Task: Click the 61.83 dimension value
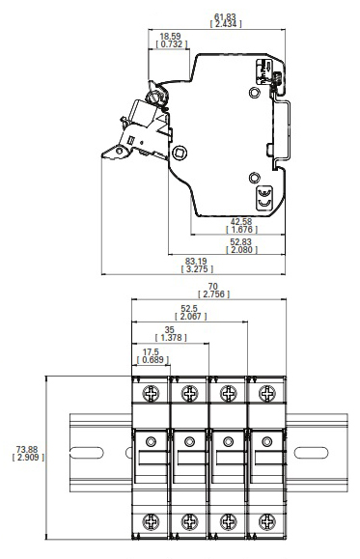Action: coord(225,16)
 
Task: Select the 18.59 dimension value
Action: coord(170,37)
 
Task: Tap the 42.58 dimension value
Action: coord(241,221)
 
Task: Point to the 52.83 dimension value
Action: coord(241,241)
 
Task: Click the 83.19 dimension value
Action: coord(196,262)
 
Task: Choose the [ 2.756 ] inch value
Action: coord(213,294)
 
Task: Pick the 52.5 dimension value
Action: coord(189,308)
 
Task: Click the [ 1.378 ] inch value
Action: coord(171,337)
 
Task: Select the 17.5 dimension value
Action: coord(151,352)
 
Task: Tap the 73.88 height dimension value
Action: coord(27,450)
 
